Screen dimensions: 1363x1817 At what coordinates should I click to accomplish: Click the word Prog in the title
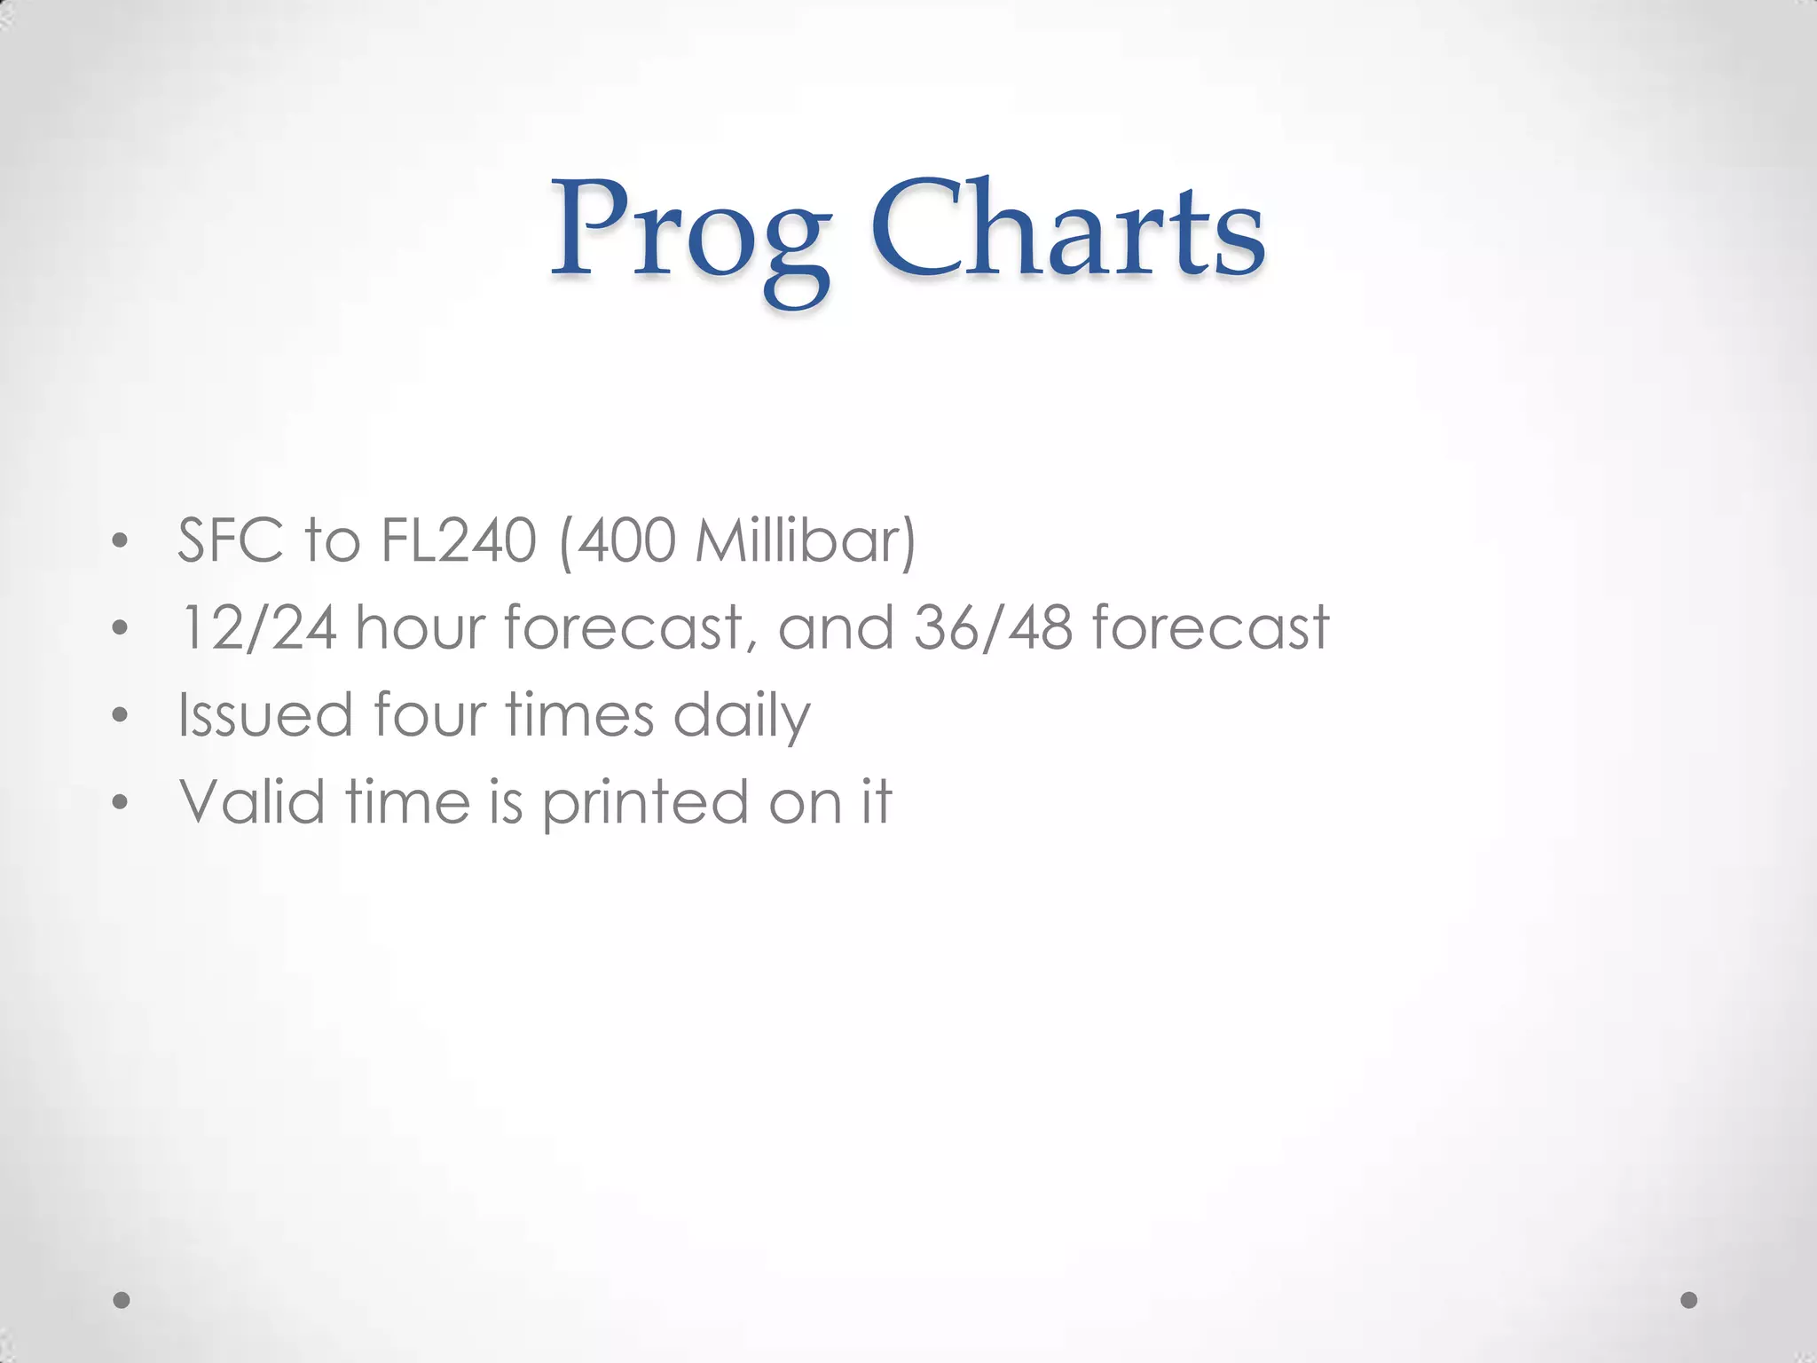[x=690, y=235]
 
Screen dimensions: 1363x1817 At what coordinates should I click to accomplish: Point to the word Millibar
[x=803, y=540]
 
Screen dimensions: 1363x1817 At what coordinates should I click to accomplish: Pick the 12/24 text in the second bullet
[x=258, y=627]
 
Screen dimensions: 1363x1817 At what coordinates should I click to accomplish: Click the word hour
[x=421, y=627]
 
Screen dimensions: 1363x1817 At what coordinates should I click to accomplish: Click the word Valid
[x=252, y=801]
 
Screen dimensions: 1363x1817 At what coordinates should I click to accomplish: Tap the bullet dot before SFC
[x=121, y=541]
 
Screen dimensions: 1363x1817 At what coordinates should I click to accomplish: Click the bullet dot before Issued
[x=121, y=715]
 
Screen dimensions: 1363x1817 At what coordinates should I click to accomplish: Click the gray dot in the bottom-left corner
[x=122, y=1300]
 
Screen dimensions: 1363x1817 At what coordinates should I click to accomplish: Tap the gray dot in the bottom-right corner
[x=1689, y=1300]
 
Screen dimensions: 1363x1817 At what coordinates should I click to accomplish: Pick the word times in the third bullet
[x=579, y=714]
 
